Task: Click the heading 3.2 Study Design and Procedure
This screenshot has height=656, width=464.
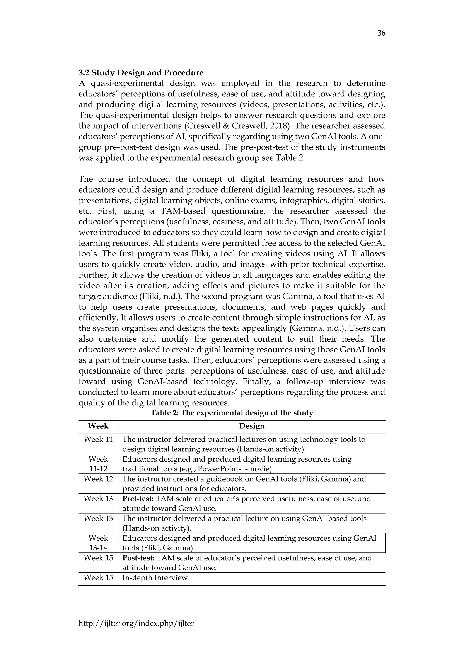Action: tap(141, 73)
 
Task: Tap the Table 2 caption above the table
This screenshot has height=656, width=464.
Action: tap(232, 413)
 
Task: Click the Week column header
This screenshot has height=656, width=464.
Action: tap(98, 426)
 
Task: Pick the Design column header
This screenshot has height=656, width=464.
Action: tap(251, 426)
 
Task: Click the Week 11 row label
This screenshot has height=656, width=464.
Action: tap(98, 439)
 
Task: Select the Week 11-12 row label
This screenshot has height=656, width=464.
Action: tap(98, 464)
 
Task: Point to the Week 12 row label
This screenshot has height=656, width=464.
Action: tap(98, 479)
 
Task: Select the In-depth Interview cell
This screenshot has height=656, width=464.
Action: tap(155, 578)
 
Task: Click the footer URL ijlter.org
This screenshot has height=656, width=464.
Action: tap(136, 623)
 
